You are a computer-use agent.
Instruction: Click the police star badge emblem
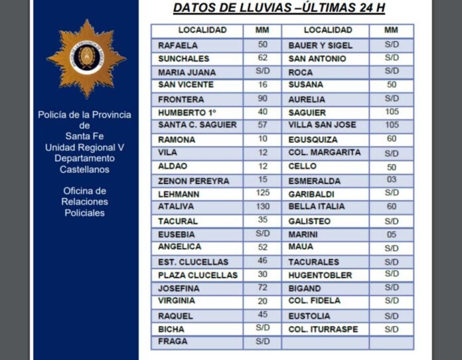86,58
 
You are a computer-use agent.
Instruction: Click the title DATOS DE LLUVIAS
279,9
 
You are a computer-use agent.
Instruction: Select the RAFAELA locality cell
177,45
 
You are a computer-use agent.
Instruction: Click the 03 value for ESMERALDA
392,180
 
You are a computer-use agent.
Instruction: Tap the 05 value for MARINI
392,234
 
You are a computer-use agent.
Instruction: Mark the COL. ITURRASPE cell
323,329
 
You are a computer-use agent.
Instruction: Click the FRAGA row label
173,341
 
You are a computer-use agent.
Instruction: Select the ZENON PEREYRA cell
193,181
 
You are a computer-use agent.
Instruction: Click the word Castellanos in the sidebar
84,169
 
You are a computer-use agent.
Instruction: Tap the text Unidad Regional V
84,147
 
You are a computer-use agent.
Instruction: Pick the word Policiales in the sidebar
84,213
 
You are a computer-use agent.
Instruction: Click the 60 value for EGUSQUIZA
392,139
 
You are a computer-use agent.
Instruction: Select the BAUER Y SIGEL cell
320,45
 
